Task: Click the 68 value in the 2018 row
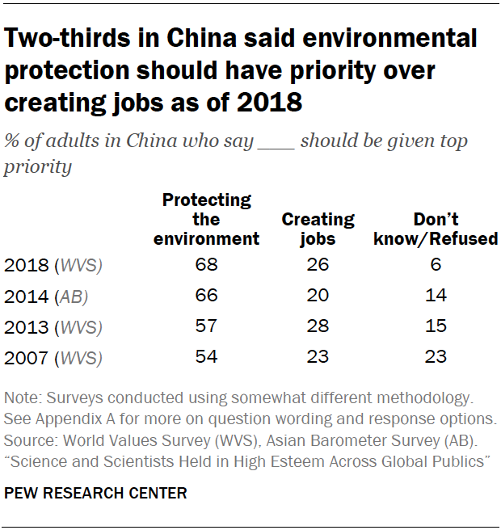click(207, 264)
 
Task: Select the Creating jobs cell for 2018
click(318, 264)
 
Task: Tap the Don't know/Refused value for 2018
click(436, 264)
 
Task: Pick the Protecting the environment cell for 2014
click(207, 295)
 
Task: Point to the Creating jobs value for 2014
click(318, 295)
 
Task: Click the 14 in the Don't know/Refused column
click(436, 295)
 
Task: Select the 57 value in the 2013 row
click(207, 326)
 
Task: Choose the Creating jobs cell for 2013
click(318, 326)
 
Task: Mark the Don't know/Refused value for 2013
click(436, 326)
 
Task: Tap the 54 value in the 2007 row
click(207, 356)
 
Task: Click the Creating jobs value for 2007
click(318, 356)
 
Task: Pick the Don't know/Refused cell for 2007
click(436, 356)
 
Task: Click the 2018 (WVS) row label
click(54, 265)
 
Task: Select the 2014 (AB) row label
click(46, 296)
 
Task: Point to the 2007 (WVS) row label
click(54, 357)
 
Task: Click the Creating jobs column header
click(318, 229)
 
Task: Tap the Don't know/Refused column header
click(436, 229)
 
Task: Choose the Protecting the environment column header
click(207, 219)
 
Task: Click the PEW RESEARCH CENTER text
click(95, 492)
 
